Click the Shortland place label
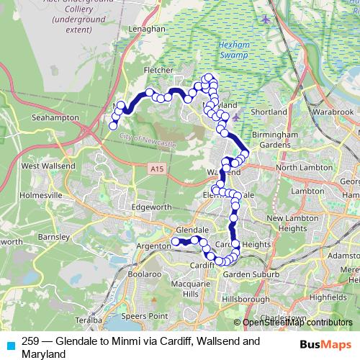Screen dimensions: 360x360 [x=270, y=112]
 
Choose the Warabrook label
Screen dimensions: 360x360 [x=333, y=113]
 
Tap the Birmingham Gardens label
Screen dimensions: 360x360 [x=274, y=140]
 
